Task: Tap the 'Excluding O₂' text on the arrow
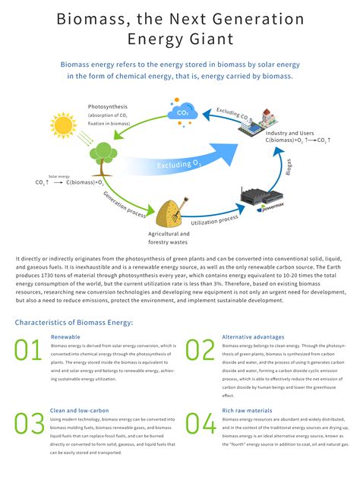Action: click(179, 164)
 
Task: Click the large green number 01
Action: click(29, 350)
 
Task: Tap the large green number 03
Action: click(29, 423)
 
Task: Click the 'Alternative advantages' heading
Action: click(253, 336)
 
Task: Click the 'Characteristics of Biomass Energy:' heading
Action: click(74, 322)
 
